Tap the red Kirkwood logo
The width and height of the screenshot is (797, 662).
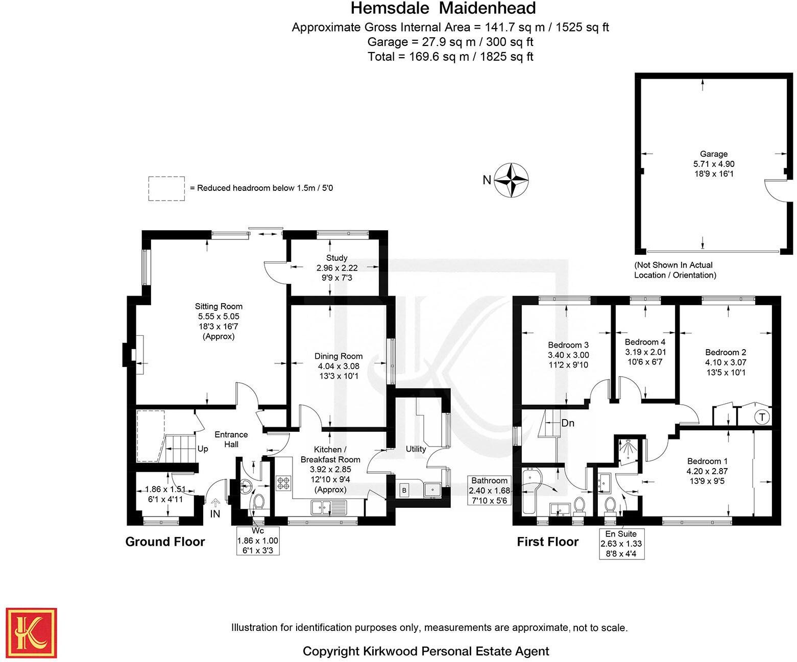coord(31,633)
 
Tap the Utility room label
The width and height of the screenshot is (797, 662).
coord(416,449)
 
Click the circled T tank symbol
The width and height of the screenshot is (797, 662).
coord(762,417)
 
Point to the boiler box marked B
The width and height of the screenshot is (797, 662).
coord(404,491)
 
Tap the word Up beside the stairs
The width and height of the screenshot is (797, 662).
coord(203,449)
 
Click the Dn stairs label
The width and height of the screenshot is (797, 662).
coord(568,423)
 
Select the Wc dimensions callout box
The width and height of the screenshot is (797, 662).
coord(258,541)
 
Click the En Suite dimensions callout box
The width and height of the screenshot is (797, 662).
coord(621,544)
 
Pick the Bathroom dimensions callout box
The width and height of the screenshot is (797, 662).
coord(489,491)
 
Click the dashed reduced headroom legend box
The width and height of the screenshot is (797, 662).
coord(166,188)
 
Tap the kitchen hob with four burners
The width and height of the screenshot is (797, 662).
coord(283,483)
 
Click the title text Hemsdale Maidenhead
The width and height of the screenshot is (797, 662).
coord(443,9)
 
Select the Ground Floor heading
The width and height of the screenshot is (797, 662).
coord(165,542)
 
